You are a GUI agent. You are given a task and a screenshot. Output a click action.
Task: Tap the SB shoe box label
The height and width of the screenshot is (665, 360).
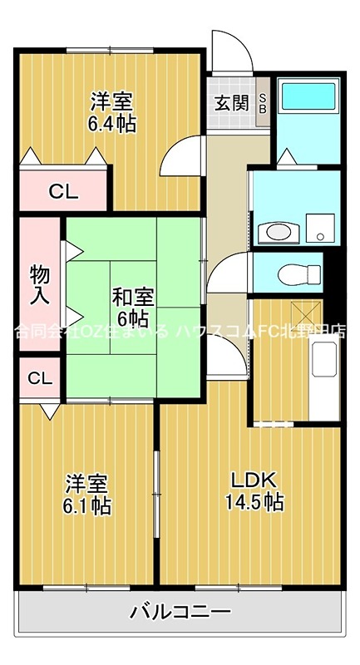click(x=263, y=103)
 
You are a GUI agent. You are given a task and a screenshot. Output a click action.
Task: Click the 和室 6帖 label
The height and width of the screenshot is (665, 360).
click(x=131, y=307)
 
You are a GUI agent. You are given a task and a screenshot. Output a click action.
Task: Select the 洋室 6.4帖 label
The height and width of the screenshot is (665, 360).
click(x=112, y=113)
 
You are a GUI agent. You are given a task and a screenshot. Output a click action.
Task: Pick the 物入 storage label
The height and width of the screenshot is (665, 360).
click(x=39, y=283)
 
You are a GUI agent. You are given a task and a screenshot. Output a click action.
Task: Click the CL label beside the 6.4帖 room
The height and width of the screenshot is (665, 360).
click(x=62, y=192)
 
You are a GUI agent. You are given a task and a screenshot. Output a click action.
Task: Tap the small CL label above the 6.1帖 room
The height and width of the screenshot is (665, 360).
click(x=39, y=378)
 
